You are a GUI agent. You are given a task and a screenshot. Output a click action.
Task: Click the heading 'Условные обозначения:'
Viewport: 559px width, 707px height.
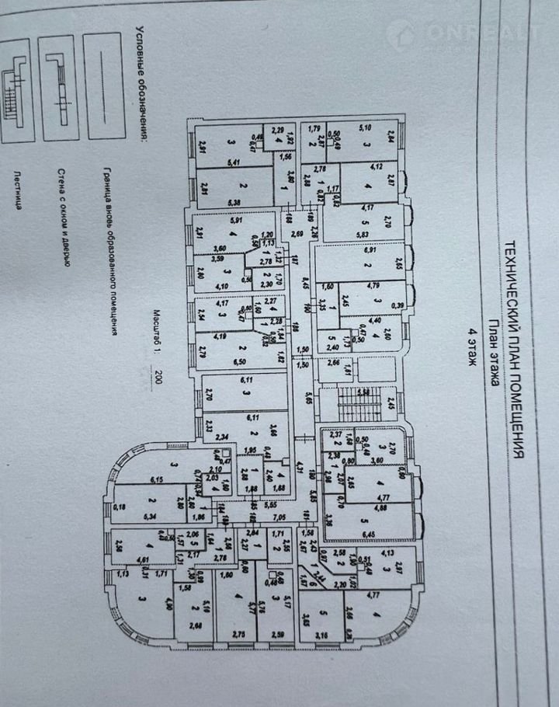(x=141, y=86)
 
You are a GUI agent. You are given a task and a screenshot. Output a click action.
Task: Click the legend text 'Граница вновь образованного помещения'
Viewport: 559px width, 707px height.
(x=109, y=253)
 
